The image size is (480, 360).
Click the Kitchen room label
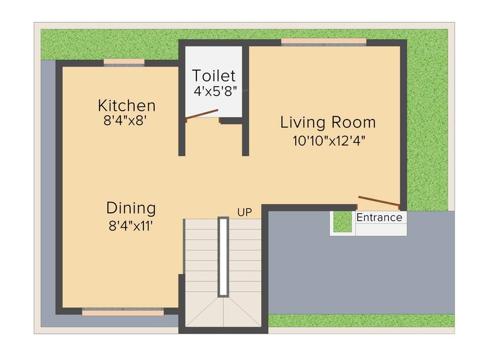pyautogui.click(x=126, y=105)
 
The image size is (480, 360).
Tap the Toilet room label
pyautogui.click(x=213, y=75)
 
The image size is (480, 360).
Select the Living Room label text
pyautogui.click(x=328, y=122)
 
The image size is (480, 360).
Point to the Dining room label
pyautogui.click(x=131, y=208)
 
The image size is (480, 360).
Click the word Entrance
pyautogui.click(x=379, y=217)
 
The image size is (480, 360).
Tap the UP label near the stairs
pyautogui.click(x=244, y=212)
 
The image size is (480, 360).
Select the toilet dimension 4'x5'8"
pyautogui.click(x=215, y=90)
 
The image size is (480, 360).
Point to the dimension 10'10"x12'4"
pyautogui.click(x=329, y=141)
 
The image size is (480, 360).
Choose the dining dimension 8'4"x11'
pyautogui.click(x=131, y=226)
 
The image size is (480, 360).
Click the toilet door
pyautogui.click(x=202, y=115)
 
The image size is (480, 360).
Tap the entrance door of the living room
pyautogui.click(x=378, y=201)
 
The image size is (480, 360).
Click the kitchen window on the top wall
pyautogui.click(x=124, y=62)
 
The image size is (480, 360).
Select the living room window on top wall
pyautogui.click(x=323, y=42)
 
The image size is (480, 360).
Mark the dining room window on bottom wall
pyautogui.click(x=123, y=312)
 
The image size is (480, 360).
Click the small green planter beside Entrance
pyautogui.click(x=343, y=222)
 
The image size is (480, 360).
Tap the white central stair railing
pyautogui.click(x=224, y=256)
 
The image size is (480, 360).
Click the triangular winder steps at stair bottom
pyautogui.click(x=223, y=312)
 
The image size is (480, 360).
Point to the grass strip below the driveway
pyautogui.click(x=361, y=321)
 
